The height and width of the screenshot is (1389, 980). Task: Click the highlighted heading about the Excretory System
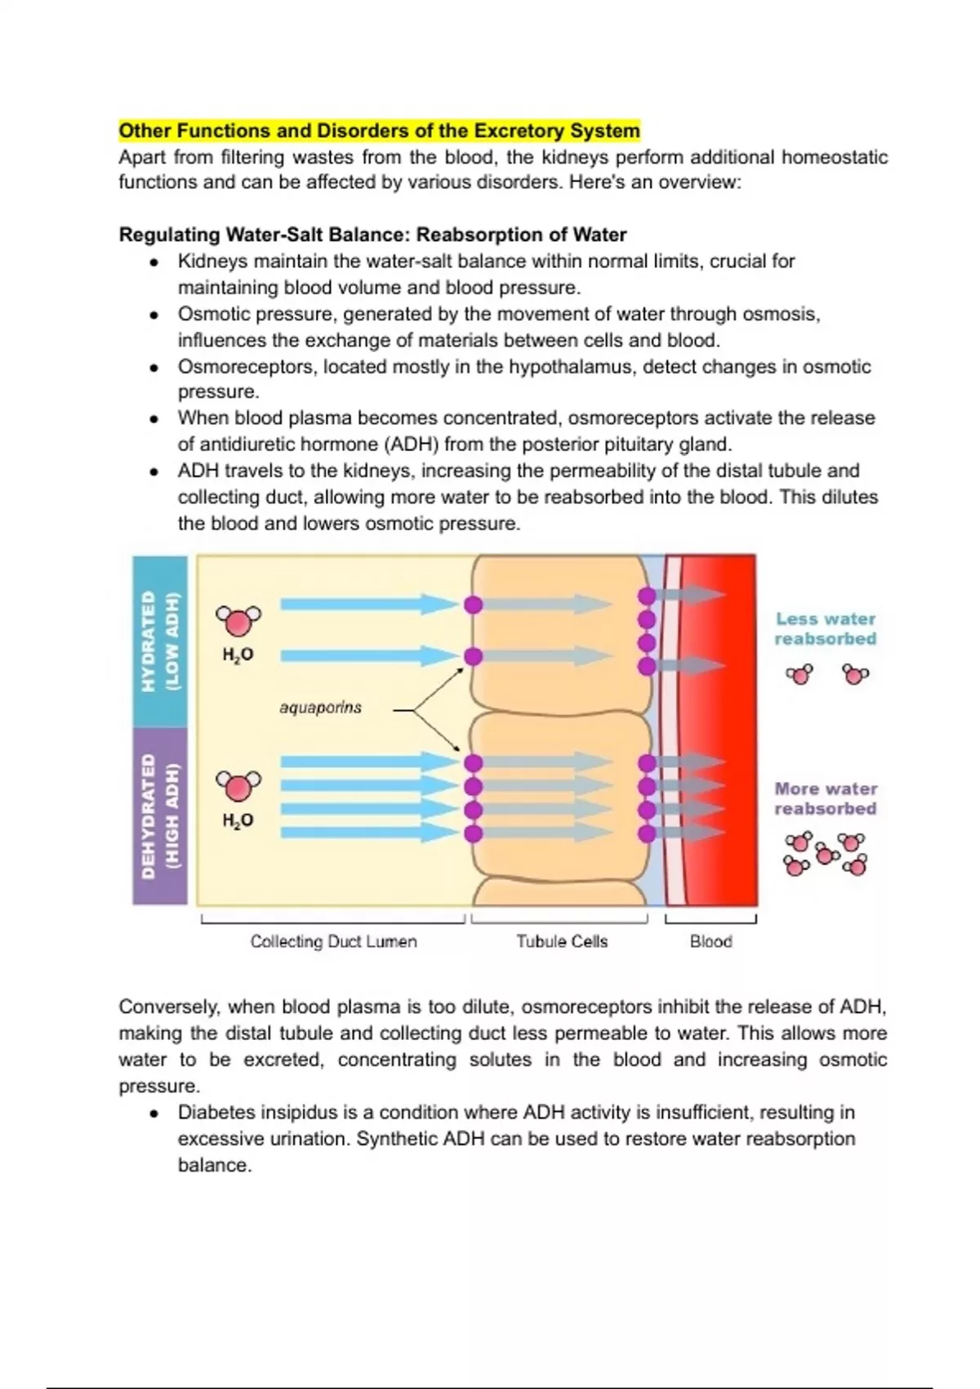[x=379, y=131]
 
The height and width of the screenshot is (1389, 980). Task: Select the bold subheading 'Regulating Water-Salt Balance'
[x=372, y=235]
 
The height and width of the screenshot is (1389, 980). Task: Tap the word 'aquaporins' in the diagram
[x=320, y=708]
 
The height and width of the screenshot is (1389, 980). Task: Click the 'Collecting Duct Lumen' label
[x=333, y=941]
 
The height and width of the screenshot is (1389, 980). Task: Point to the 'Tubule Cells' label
[x=562, y=941]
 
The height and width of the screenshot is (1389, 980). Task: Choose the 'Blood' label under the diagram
[x=710, y=941]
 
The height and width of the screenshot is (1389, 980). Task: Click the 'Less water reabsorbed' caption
[x=826, y=629]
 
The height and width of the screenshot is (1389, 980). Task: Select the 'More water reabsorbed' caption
[x=826, y=799]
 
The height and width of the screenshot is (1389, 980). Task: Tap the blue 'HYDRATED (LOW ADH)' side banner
[x=160, y=641]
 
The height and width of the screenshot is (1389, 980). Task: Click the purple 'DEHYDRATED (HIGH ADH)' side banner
[x=160, y=815]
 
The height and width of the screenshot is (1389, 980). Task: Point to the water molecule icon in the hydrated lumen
[x=238, y=622]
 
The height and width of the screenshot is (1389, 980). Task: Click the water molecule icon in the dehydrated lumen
[x=238, y=786]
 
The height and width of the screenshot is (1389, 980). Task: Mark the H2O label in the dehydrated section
[x=238, y=820]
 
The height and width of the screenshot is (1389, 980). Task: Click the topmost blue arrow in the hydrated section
[x=367, y=605]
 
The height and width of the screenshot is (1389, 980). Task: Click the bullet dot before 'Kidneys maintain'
[x=153, y=263]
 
